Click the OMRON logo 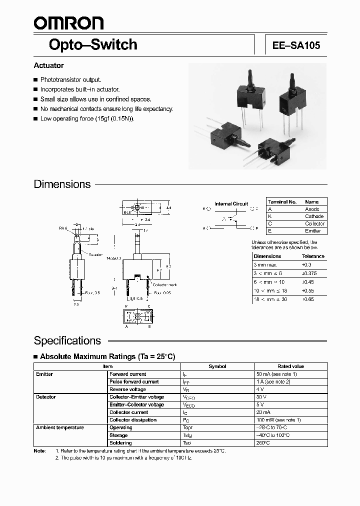[68, 22]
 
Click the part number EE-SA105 [296, 45]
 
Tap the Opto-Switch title [93, 44]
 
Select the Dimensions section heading [62, 184]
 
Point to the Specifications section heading [67, 340]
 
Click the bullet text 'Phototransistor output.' [70, 79]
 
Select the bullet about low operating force [87, 118]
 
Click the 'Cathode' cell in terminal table [314, 216]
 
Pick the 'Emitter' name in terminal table [313, 231]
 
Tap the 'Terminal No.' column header [282, 201]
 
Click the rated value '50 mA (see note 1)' [276, 374]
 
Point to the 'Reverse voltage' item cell [127, 389]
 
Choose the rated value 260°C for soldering [263, 443]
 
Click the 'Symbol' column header [217, 366]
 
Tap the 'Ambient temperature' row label [59, 427]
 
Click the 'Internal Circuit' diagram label [231, 204]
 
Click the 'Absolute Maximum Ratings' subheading [107, 356]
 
